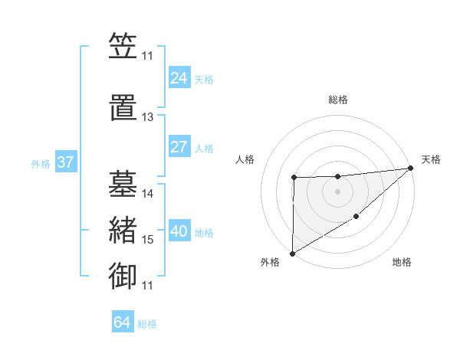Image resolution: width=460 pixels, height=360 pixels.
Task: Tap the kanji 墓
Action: point(123,184)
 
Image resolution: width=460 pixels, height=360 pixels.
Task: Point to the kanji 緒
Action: point(123,231)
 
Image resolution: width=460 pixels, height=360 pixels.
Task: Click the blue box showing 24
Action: point(179,78)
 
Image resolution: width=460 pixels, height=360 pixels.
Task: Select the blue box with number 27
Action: point(179,147)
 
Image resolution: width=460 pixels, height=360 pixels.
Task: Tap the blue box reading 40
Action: point(179,232)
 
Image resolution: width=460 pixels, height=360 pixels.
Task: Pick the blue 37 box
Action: point(66,163)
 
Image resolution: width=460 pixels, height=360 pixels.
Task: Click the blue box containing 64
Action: point(123,322)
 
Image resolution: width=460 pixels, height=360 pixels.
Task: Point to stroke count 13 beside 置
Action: point(147,117)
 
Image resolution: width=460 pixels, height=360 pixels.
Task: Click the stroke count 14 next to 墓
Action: point(148,194)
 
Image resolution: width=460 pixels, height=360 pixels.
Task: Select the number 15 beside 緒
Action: point(148,240)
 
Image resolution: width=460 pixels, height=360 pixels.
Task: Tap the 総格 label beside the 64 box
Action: point(147,324)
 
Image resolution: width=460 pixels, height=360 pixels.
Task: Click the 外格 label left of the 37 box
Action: point(41,164)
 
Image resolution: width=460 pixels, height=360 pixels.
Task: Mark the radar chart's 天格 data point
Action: point(411,169)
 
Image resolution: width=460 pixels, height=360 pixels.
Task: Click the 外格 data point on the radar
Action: point(292,253)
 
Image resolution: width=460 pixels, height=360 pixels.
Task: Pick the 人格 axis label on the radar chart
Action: point(245,159)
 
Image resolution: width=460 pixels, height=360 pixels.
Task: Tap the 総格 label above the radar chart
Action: point(338,100)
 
